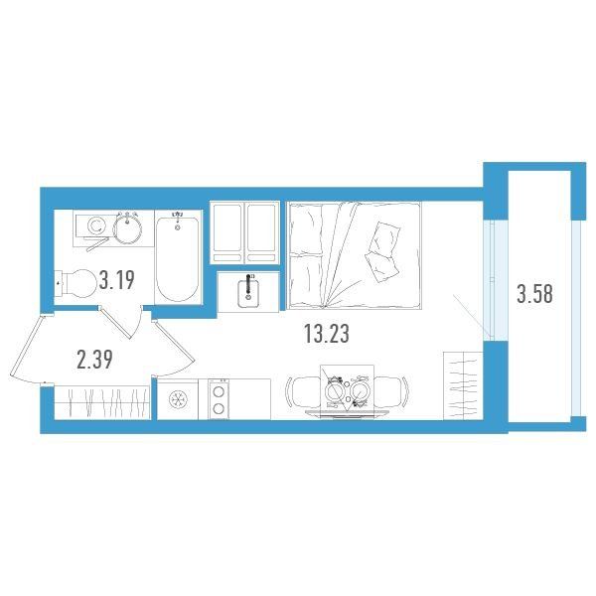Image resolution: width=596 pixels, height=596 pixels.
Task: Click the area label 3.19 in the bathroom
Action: (x=116, y=280)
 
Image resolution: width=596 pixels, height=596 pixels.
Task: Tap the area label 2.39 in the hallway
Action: (x=94, y=360)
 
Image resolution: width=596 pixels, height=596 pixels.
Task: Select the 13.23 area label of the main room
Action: (x=327, y=334)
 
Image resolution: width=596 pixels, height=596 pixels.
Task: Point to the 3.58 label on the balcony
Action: (x=534, y=293)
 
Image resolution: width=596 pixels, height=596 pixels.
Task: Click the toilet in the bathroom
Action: (x=76, y=283)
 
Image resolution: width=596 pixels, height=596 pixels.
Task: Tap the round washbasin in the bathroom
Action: (x=127, y=229)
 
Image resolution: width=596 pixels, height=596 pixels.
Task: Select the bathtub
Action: (x=177, y=257)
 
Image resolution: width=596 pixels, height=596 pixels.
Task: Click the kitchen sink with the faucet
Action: (x=248, y=292)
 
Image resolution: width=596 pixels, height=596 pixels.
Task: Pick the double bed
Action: (x=355, y=255)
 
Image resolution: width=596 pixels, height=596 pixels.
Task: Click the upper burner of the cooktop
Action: (x=219, y=391)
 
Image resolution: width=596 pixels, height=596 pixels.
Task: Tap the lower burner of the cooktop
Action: (x=219, y=409)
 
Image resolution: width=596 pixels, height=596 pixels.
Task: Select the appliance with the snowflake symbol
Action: (x=178, y=399)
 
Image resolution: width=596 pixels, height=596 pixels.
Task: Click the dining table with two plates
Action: (x=347, y=391)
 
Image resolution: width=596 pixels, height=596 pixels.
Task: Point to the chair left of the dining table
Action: (x=303, y=392)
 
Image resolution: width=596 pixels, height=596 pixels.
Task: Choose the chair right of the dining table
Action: (x=390, y=392)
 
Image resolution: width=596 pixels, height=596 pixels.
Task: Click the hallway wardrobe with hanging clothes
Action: (x=102, y=402)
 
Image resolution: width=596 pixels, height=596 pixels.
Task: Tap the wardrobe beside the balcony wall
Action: (x=463, y=385)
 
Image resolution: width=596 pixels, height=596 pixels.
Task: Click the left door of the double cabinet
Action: (x=227, y=232)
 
